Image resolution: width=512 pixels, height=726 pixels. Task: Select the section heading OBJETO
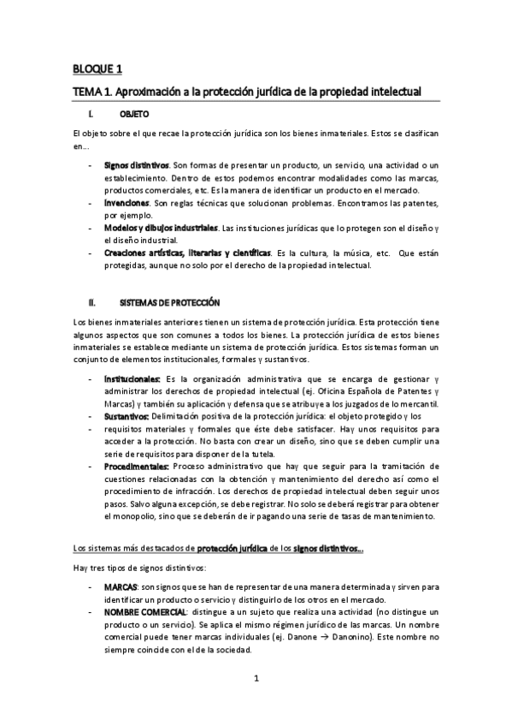point(134,113)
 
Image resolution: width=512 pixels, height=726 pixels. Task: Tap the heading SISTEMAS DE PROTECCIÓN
point(169,302)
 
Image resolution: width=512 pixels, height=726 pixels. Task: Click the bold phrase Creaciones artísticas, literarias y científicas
point(187,253)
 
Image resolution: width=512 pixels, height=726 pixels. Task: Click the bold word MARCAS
point(121,589)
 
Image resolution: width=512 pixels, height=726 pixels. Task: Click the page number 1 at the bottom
point(256,681)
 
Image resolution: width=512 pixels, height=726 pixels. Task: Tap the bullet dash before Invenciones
point(91,204)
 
